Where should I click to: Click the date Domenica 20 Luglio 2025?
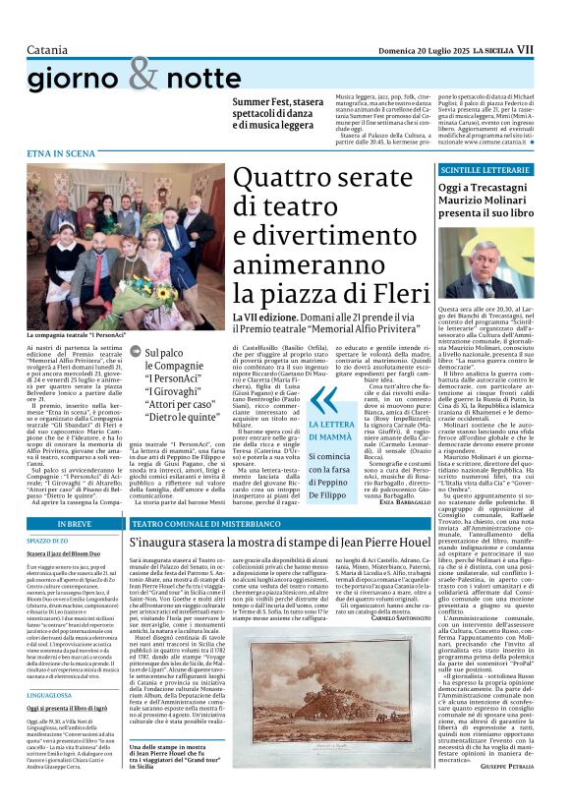click(x=412, y=20)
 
